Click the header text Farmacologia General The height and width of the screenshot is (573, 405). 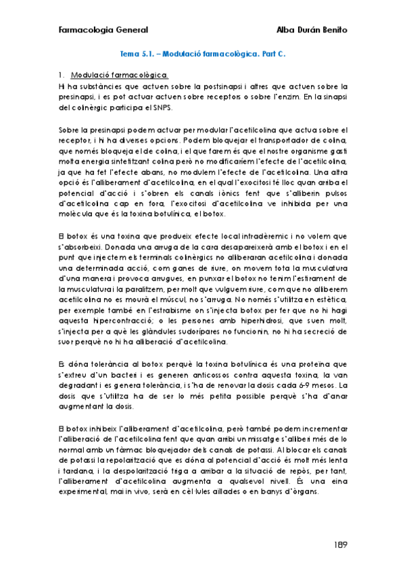point(103,30)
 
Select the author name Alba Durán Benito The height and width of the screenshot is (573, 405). point(312,30)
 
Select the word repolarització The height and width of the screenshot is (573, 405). point(142,460)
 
